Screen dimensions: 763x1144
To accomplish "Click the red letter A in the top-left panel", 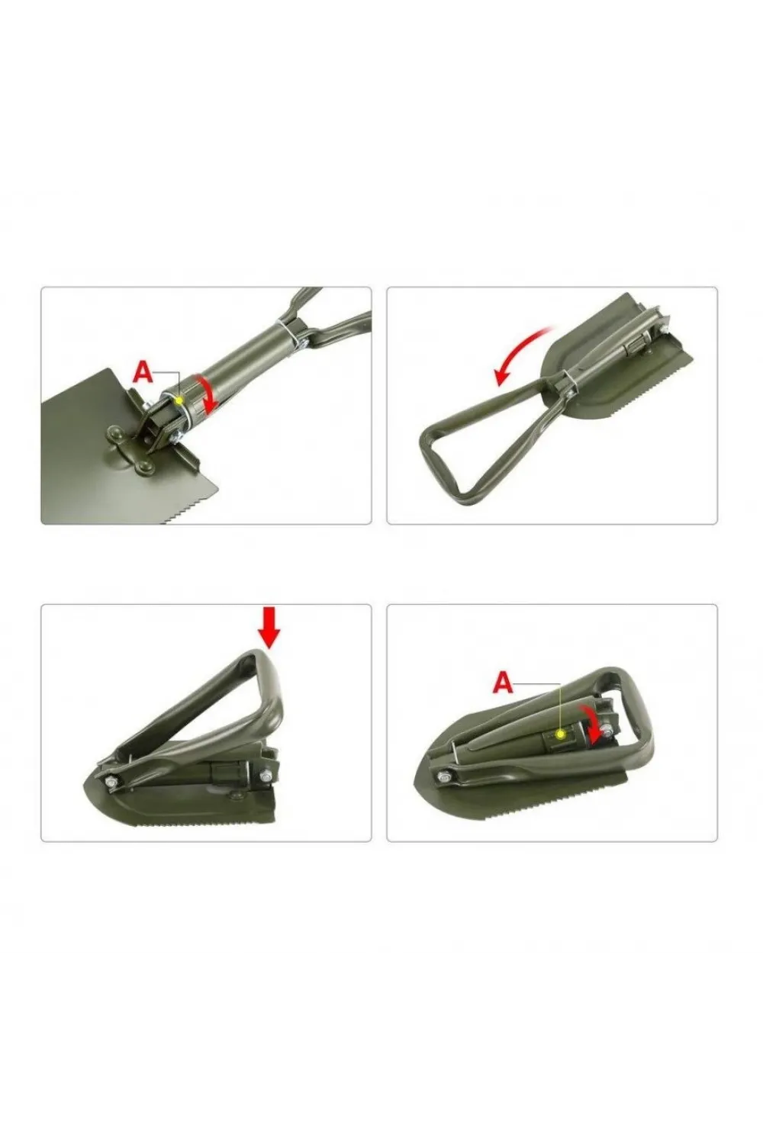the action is point(143,372).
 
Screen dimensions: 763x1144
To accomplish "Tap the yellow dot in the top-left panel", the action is point(179,401).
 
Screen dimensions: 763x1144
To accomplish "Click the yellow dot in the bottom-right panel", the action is point(561,734).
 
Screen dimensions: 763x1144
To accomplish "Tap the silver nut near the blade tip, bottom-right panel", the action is point(443,779).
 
